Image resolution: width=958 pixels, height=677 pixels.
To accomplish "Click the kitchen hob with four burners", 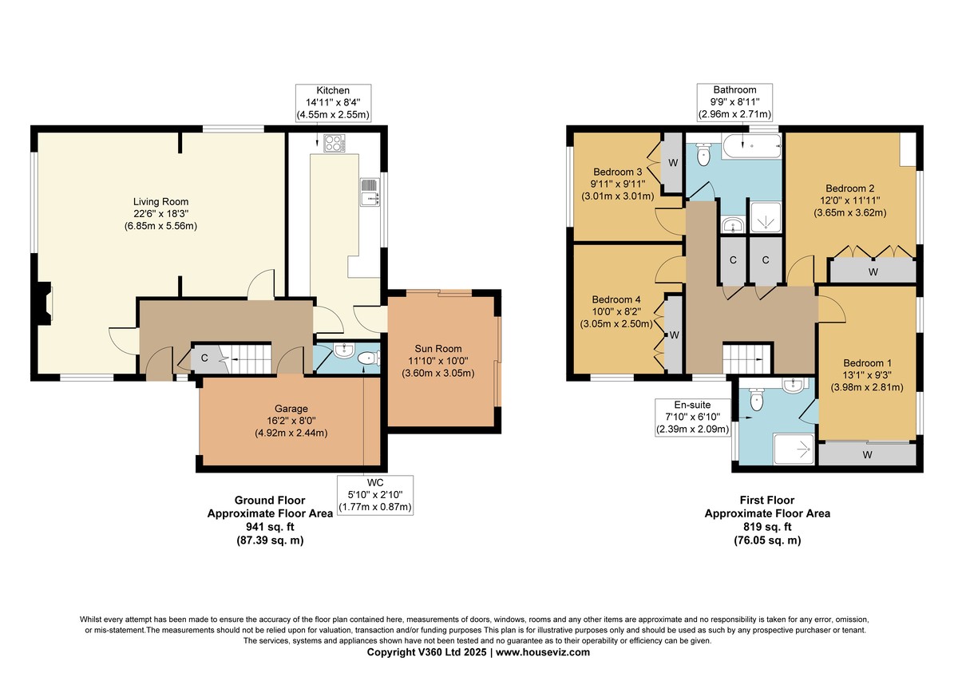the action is tap(335, 143).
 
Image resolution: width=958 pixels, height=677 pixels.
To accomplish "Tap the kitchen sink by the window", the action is tap(370, 192).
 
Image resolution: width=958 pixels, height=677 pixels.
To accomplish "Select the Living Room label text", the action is tap(160, 201).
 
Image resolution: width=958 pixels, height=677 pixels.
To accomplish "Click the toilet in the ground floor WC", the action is tap(368, 358).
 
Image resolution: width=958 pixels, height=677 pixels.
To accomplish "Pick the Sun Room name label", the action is tap(438, 349).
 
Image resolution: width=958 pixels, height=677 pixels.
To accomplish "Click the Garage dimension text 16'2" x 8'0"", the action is tap(291, 421).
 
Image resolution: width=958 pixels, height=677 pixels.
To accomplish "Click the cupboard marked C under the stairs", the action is tap(205, 358).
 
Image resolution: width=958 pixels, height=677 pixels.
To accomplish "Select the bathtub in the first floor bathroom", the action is tap(751, 146).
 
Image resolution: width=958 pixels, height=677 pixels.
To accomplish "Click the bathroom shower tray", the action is tap(766, 218).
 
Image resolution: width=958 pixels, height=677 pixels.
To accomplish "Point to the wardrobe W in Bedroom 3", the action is tap(673, 163).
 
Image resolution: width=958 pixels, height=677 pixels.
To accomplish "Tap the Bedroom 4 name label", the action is tap(616, 299).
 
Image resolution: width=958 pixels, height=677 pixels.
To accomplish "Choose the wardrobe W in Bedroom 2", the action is tap(873, 271).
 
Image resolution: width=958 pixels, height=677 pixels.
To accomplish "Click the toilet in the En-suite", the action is tap(757, 399).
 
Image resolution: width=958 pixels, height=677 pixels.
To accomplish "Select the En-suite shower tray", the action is tap(794, 449).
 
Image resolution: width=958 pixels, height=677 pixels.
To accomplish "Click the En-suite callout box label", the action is tap(692, 417).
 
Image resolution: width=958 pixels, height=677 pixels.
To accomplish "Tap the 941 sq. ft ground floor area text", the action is tap(270, 526).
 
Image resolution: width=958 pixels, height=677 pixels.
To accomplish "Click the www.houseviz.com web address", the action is tap(543, 651).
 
